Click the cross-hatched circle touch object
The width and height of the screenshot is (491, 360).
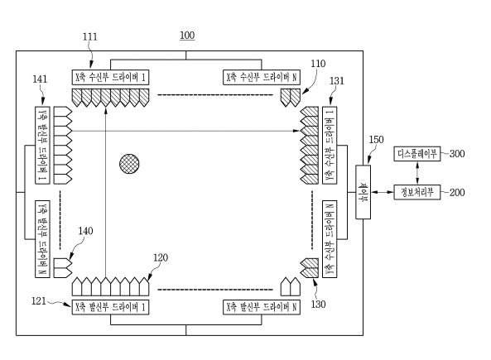click(129, 164)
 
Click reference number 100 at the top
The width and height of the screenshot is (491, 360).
click(187, 35)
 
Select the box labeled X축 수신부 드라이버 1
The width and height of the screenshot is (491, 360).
click(111, 77)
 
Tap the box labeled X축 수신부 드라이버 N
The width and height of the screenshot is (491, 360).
click(262, 77)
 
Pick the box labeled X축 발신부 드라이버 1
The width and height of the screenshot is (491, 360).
click(111, 307)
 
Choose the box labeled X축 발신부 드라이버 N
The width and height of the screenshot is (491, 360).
click(262, 307)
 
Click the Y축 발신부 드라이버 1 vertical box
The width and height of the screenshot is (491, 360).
click(42, 146)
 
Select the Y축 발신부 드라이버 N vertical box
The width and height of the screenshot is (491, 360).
click(42, 239)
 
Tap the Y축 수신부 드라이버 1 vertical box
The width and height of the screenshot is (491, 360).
click(330, 146)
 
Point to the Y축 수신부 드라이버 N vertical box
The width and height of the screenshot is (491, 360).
click(330, 239)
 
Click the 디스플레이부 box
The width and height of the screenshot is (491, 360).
click(417, 154)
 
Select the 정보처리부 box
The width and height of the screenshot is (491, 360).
click(417, 192)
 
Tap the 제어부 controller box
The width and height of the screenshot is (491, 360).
click(363, 192)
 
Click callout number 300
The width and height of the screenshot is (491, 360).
click(457, 154)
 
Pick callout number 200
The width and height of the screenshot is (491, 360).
click(457, 192)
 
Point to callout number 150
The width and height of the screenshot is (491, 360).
click(376, 140)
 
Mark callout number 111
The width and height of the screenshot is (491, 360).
click(90, 37)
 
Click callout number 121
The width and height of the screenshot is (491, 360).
click(39, 301)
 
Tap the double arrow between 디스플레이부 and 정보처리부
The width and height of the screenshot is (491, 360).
click(417, 173)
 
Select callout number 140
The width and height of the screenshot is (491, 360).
click(85, 231)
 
